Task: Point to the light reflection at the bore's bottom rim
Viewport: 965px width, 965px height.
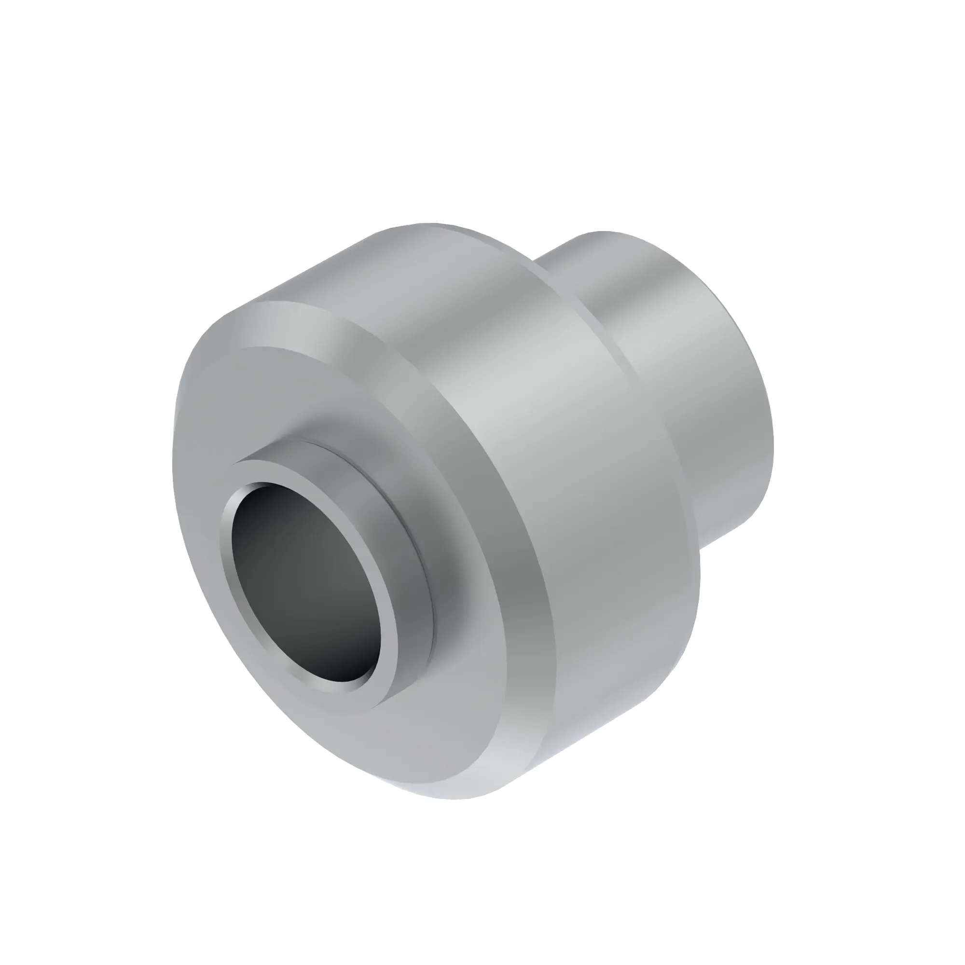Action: [345, 684]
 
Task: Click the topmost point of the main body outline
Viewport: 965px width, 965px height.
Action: [429, 223]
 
